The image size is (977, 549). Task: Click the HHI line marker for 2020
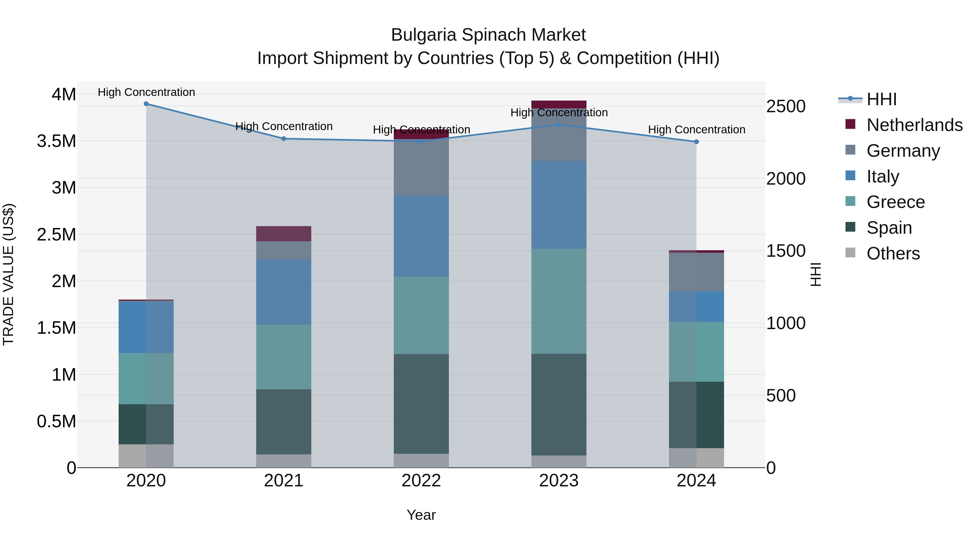(x=146, y=104)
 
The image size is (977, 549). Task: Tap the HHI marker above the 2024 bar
(x=696, y=142)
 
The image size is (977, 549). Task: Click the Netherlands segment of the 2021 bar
(x=284, y=234)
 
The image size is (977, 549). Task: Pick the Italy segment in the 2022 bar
(x=421, y=236)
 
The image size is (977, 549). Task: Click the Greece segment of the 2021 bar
(x=284, y=357)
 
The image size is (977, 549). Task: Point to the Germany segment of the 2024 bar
(x=696, y=272)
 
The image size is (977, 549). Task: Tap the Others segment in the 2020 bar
(x=146, y=456)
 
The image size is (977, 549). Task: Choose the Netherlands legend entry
(x=914, y=125)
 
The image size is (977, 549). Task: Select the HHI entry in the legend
(x=881, y=99)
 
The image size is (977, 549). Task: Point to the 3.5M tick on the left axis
(x=56, y=141)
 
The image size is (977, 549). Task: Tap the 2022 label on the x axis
(x=421, y=481)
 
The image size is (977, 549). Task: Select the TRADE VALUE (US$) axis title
(x=8, y=274)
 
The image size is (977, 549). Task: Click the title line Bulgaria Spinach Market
(x=488, y=35)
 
